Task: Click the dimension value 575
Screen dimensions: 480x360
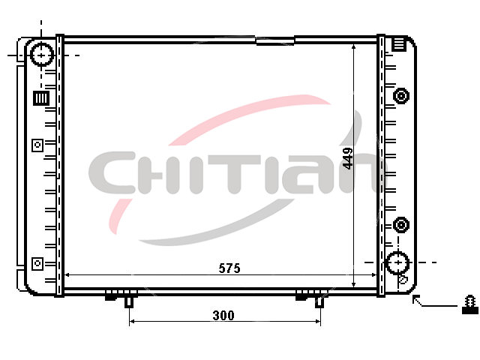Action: pyautogui.click(x=229, y=268)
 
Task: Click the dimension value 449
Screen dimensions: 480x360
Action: pyautogui.click(x=348, y=158)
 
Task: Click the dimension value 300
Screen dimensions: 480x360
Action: pyautogui.click(x=223, y=315)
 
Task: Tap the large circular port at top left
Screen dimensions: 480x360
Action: pyautogui.click(x=42, y=55)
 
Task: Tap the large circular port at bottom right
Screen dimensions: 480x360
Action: pyautogui.click(x=397, y=262)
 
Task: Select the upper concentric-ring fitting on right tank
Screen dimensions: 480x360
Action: pyautogui.click(x=401, y=95)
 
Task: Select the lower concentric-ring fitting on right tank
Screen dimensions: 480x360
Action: pyautogui.click(x=401, y=225)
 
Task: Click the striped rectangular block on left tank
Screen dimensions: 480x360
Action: pyautogui.click(x=41, y=98)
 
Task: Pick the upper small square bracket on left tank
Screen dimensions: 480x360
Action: pyautogui.click(x=37, y=145)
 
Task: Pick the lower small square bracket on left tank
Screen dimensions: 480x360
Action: pyautogui.click(x=37, y=263)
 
